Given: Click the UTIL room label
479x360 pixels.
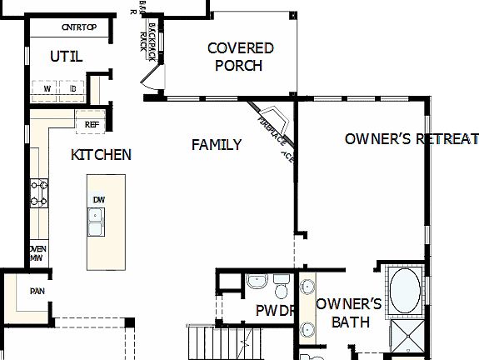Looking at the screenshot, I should coord(66,57).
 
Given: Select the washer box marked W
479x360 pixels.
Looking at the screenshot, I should coord(47,88).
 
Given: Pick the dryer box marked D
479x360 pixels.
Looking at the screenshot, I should coord(72,88).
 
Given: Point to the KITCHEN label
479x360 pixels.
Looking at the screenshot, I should coord(101,154).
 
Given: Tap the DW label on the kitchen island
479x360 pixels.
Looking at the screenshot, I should coord(99,199).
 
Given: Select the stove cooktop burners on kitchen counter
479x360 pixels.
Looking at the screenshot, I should coord(38,193).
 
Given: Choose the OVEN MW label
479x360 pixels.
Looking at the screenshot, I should coord(37,253).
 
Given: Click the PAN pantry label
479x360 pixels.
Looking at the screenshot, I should coord(37,291).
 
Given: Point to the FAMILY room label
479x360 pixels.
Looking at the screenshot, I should coord(217,144).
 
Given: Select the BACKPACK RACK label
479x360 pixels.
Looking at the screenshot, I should coord(152,37).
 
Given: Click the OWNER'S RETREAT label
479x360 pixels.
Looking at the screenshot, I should coord(412,138).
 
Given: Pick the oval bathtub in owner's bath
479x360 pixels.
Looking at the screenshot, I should coord(406,291).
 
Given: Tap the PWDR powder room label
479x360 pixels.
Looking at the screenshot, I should coord(275,312).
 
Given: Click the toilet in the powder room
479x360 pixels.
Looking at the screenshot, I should coord(282,289).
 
